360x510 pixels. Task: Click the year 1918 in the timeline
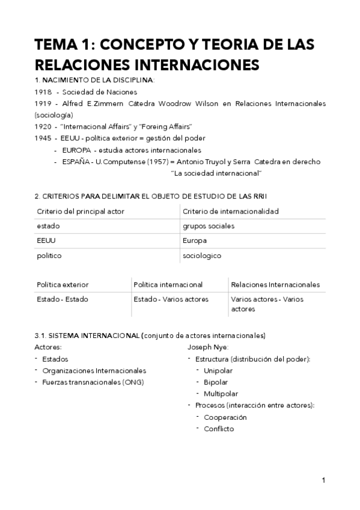pos(44,92)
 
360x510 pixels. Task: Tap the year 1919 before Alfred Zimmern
pos(44,103)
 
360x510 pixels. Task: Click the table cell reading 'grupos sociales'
pos(209,226)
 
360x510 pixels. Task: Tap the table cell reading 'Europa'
pos(195,241)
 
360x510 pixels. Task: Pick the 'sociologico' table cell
pos(202,256)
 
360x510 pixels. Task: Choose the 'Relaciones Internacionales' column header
pos(275,284)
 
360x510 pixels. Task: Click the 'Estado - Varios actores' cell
pos(171,299)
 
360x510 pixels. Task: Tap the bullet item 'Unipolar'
pos(218,370)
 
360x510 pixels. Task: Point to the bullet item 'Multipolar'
pos(221,393)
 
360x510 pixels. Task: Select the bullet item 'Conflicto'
pos(219,429)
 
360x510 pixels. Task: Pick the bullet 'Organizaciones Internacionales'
pos(94,370)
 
